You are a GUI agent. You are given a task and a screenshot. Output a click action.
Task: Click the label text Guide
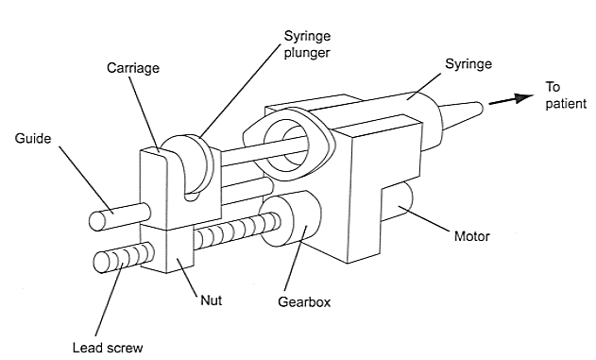33,138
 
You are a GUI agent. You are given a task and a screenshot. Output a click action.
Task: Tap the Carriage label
133,68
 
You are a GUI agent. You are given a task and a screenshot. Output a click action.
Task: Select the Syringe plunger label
307,44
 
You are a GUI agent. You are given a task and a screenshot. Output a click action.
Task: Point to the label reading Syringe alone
468,64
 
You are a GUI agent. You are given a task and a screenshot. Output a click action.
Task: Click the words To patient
566,95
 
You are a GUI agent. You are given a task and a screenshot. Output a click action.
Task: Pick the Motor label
472,236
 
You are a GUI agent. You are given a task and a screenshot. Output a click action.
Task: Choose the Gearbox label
304,301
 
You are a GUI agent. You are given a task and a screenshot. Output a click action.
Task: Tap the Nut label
211,300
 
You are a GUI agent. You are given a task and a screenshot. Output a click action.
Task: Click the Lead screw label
108,348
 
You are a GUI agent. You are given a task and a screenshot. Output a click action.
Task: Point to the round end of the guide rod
97,221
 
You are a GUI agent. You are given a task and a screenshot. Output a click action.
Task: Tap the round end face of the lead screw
102,263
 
